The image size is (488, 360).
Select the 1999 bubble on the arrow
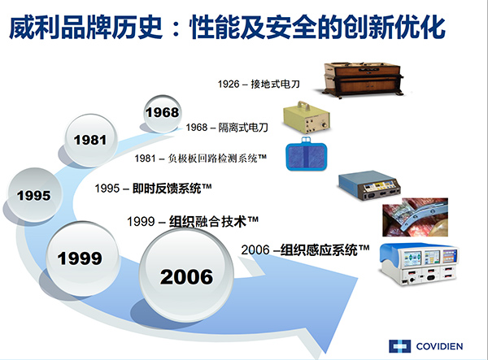pyautogui.click(x=79, y=258)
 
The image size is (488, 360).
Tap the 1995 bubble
pyautogui.click(x=33, y=194)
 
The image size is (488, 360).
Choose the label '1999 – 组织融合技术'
pyautogui.click(x=193, y=220)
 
